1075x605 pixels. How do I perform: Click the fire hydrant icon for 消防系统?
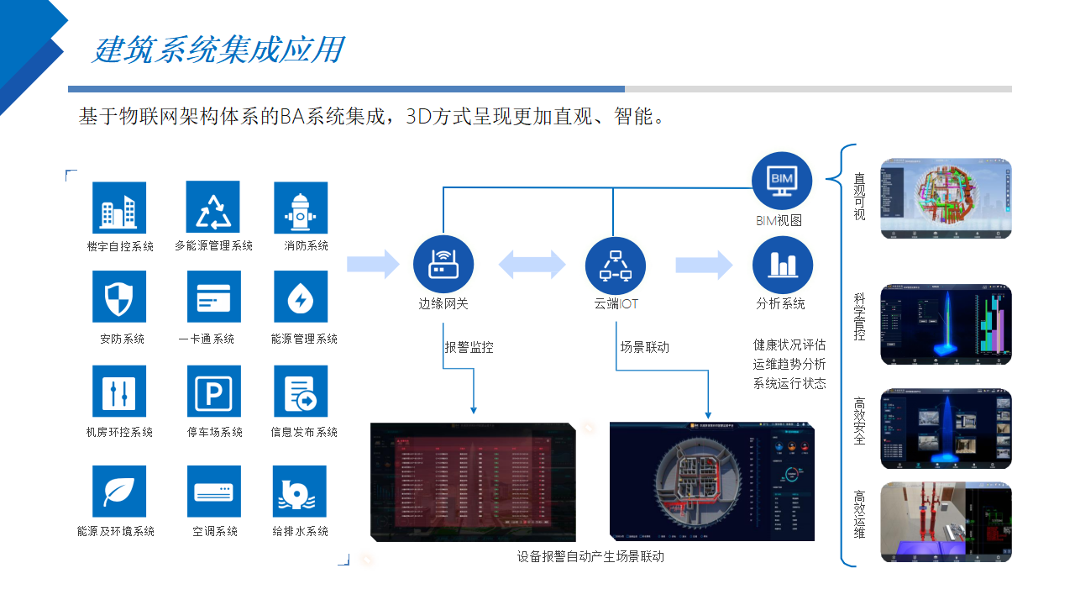click(301, 208)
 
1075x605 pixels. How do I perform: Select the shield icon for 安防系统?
click(119, 297)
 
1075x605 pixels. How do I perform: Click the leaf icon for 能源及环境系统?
click(119, 492)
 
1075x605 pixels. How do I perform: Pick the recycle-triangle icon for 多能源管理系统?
click(213, 208)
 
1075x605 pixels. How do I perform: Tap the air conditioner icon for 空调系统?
click(213, 492)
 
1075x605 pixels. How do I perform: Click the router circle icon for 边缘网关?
click(443, 266)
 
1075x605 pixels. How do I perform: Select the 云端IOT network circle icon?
click(616, 266)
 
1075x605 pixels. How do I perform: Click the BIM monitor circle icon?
click(782, 181)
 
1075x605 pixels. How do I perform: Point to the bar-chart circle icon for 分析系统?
click(782, 266)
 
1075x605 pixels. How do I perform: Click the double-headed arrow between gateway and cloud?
click(532, 265)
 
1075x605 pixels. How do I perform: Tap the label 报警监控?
click(469, 346)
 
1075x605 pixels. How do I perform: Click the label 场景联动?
click(645, 346)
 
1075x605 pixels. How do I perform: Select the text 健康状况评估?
click(789, 345)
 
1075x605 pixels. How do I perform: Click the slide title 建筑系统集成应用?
click(218, 50)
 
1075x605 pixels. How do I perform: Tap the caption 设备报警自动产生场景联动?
click(590, 556)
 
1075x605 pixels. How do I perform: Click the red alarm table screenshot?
click(474, 481)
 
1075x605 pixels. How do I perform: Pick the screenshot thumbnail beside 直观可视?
click(946, 199)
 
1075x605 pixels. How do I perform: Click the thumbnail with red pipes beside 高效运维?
click(946, 522)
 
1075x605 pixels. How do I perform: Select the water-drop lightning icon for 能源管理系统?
click(301, 297)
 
